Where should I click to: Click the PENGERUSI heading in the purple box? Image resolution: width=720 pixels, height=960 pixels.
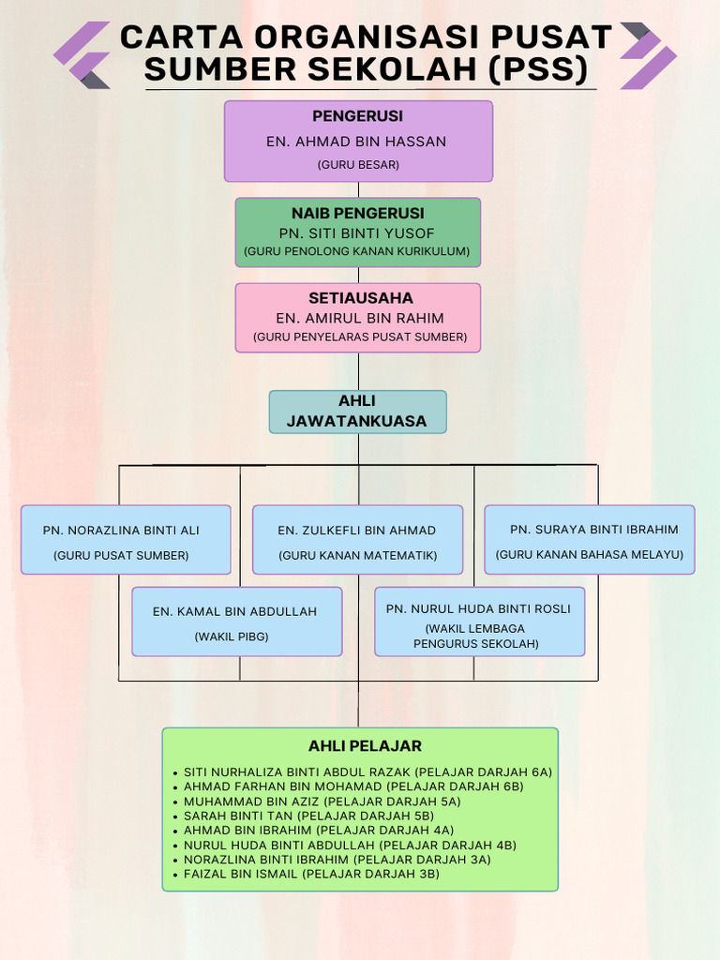(357, 116)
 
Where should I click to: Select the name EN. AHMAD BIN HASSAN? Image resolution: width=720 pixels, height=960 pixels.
(356, 142)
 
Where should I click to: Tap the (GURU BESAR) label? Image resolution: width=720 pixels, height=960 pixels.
(358, 165)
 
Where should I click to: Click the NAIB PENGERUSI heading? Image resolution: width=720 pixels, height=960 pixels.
(357, 214)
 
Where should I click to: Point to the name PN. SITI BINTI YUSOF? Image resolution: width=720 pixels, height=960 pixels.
(357, 233)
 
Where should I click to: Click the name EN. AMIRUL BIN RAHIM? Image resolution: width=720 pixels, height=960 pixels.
(360, 319)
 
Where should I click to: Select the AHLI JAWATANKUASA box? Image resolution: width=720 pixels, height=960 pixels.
(357, 412)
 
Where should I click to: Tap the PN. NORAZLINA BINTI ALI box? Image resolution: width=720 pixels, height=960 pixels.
(126, 539)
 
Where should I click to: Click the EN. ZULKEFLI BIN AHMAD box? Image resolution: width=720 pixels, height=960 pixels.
(357, 539)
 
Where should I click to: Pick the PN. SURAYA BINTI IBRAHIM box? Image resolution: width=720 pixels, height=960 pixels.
(590, 539)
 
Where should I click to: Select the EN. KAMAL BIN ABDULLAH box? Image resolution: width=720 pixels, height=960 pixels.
(236, 622)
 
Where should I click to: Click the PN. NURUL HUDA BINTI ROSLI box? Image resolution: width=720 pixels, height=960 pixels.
(479, 622)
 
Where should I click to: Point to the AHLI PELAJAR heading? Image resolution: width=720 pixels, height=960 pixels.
(365, 746)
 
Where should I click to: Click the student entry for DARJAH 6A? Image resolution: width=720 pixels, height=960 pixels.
(367, 772)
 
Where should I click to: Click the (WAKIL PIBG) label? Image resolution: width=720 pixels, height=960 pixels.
(232, 637)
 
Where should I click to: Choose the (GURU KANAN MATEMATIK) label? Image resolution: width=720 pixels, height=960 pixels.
(358, 556)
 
